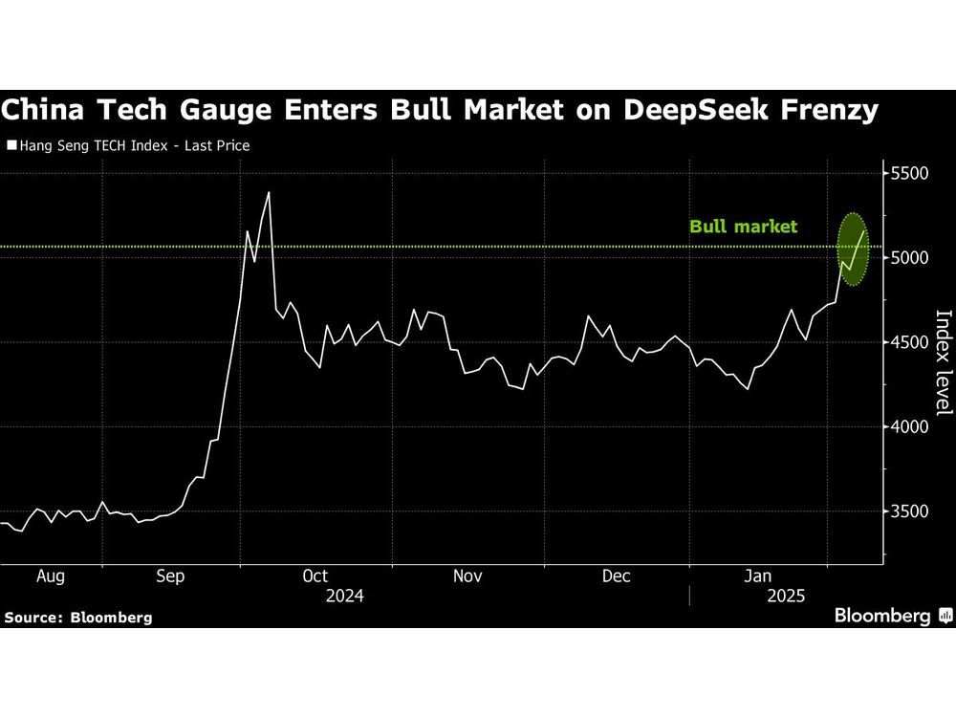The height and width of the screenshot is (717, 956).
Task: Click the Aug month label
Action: tap(50, 576)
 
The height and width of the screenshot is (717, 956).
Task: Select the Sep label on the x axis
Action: tap(170, 576)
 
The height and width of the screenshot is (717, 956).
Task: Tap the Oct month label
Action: tap(315, 576)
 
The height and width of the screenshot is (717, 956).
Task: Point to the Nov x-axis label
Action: tap(467, 576)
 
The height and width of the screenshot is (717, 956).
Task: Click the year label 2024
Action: tap(345, 596)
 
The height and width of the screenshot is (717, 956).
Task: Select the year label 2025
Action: tap(786, 596)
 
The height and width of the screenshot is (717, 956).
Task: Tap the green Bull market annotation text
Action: tap(743, 228)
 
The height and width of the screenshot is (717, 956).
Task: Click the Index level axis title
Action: tap(943, 363)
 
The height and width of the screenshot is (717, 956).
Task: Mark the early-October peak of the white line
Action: tap(269, 193)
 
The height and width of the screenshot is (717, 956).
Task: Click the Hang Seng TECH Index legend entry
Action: tap(128, 146)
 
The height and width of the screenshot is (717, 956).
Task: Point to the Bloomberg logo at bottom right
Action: tap(891, 616)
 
